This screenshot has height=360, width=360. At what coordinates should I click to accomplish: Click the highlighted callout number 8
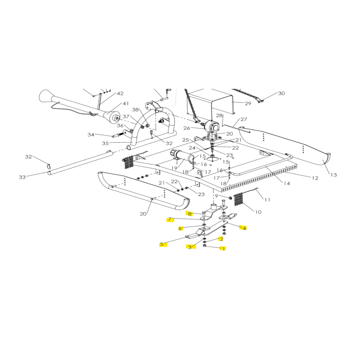click(190, 214)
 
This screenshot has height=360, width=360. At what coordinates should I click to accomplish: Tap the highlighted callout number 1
click(223, 248)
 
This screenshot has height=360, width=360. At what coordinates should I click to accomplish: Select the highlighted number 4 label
click(244, 228)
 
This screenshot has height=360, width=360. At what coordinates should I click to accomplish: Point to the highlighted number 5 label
click(162, 244)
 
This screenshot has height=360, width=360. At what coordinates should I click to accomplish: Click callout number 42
click(120, 93)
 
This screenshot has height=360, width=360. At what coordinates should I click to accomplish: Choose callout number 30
click(281, 93)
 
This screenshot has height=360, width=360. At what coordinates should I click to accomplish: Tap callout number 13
click(334, 175)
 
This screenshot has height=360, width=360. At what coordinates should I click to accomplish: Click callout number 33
click(22, 177)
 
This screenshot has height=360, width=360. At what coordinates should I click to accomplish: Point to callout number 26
click(187, 128)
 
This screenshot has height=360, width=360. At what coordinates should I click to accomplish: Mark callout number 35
click(105, 143)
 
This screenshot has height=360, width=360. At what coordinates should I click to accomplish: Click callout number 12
click(315, 178)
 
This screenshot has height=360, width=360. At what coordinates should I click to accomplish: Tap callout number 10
click(258, 212)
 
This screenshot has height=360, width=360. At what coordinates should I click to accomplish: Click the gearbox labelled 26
click(212, 129)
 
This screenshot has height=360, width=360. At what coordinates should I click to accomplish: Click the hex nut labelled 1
click(204, 245)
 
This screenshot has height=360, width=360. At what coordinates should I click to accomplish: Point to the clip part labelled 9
click(230, 198)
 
